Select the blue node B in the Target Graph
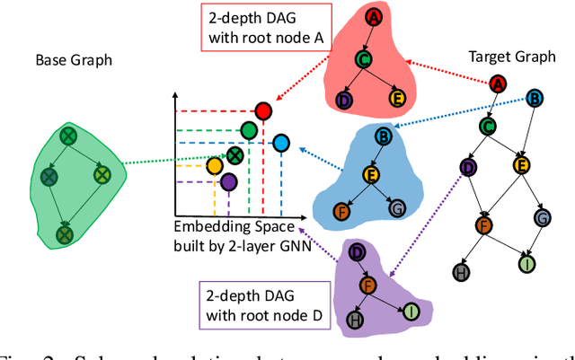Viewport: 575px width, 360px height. click(x=535, y=97)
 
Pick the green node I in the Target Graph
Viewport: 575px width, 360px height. click(x=526, y=264)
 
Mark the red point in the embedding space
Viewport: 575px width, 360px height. click(x=262, y=111)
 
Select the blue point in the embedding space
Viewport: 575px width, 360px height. click(x=281, y=142)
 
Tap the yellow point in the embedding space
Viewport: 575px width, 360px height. click(x=215, y=166)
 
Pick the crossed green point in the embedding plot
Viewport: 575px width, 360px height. click(x=234, y=155)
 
